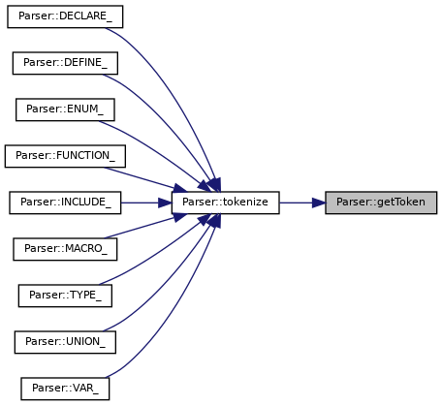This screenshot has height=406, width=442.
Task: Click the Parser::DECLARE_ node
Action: point(65,16)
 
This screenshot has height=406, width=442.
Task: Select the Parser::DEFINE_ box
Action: point(65,63)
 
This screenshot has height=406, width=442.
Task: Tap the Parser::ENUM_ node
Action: point(65,109)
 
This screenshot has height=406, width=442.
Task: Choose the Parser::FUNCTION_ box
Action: point(65,156)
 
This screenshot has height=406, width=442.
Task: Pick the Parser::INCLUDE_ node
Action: point(65,203)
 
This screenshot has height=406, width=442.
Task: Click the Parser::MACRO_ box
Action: point(65,249)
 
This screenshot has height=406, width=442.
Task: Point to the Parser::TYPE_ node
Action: point(65,296)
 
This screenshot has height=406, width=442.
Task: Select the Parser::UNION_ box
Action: point(65,342)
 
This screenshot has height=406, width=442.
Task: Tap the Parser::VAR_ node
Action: point(65,389)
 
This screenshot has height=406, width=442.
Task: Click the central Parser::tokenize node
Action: point(225,203)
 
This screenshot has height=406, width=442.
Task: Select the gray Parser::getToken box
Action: point(381,203)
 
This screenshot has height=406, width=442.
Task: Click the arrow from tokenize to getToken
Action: point(302,203)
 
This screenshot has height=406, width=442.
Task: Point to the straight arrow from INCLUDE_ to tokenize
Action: point(146,203)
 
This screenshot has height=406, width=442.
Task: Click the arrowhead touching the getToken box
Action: point(319,203)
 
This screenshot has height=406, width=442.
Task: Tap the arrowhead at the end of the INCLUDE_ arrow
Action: point(165,203)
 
